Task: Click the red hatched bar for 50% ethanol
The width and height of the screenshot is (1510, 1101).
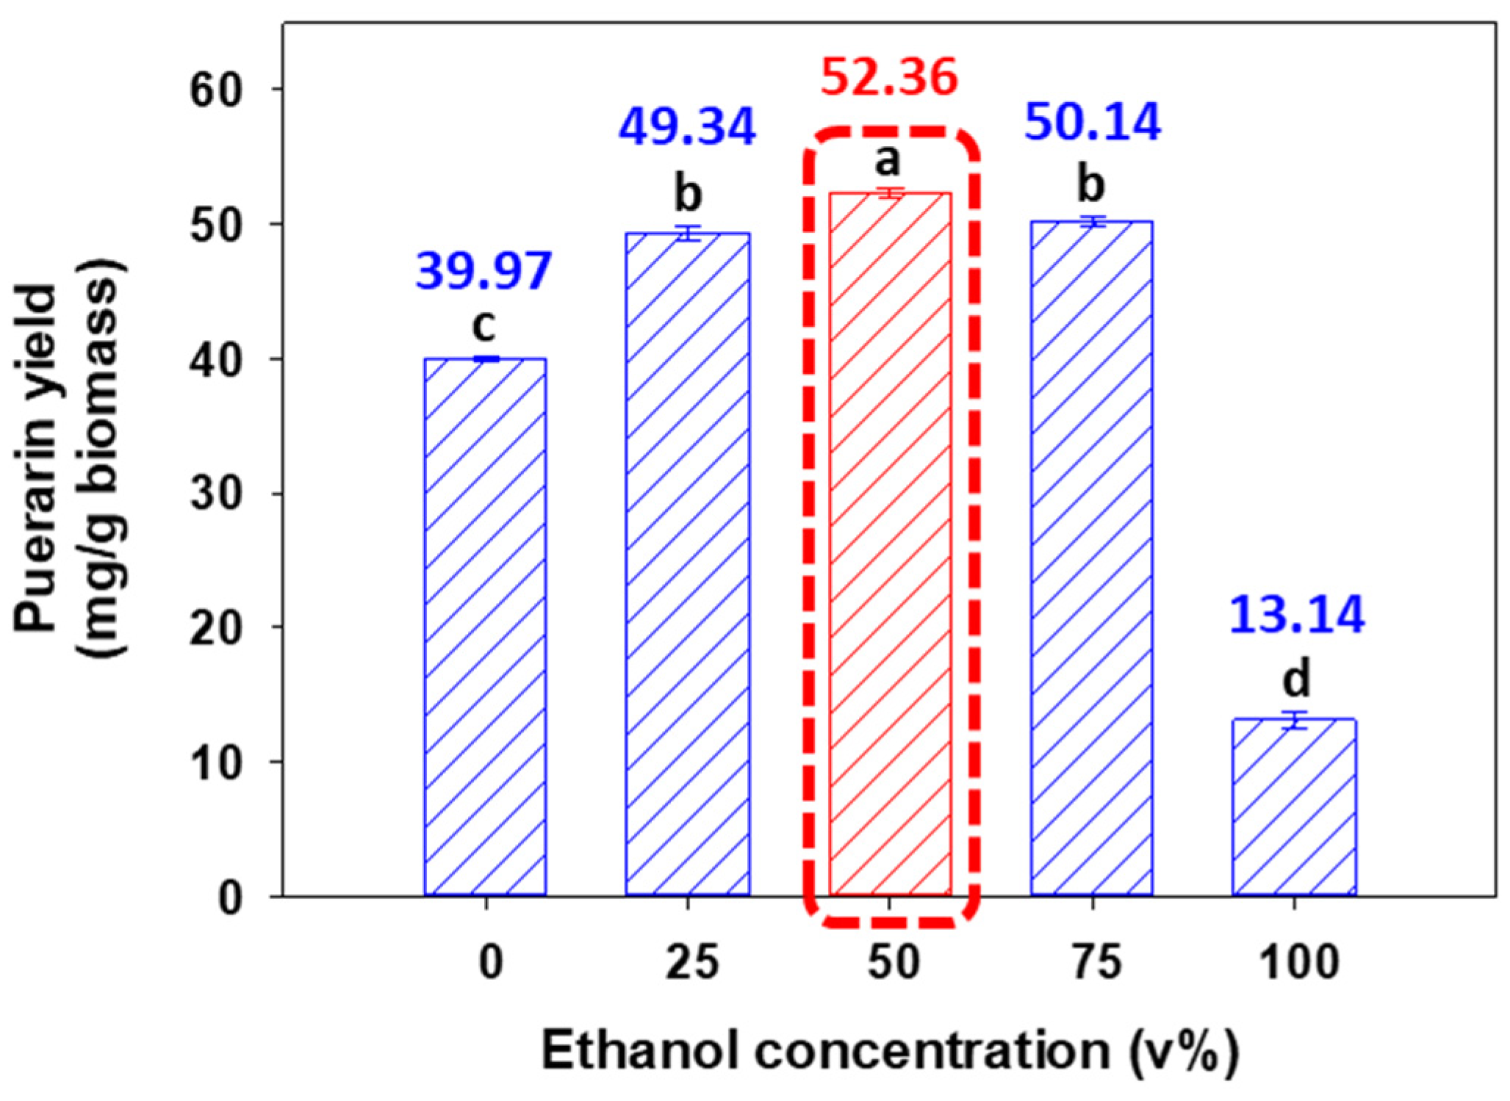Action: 890,544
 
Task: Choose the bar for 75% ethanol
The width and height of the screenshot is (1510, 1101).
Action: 1092,558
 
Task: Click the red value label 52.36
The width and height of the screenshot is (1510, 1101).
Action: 889,77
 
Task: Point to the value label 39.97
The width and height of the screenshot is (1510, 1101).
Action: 483,271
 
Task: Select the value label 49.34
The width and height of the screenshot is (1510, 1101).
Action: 687,126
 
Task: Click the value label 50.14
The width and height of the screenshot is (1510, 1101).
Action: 1093,122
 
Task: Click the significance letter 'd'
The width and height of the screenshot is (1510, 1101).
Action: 1296,679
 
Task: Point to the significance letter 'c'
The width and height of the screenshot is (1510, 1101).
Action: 483,325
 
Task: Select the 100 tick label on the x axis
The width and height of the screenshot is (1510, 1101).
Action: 1299,962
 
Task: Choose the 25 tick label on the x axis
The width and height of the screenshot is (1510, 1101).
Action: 692,962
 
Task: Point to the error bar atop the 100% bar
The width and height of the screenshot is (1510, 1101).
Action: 1294,720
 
